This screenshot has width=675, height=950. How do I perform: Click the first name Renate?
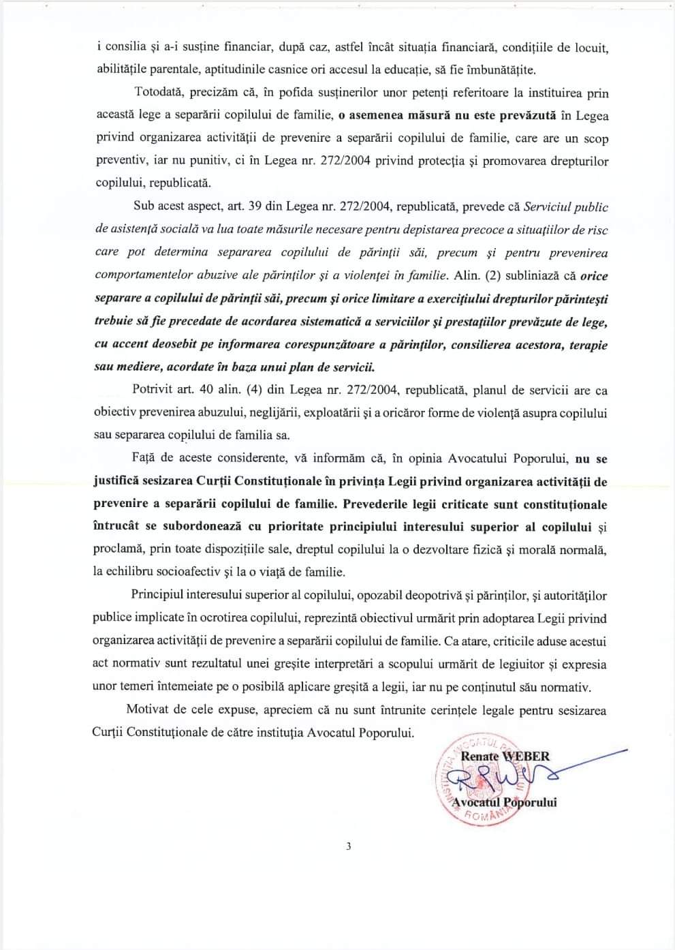click(x=480, y=756)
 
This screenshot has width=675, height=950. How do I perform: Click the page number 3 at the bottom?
click(x=348, y=847)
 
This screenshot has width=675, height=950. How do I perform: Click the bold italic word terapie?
click(x=586, y=344)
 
